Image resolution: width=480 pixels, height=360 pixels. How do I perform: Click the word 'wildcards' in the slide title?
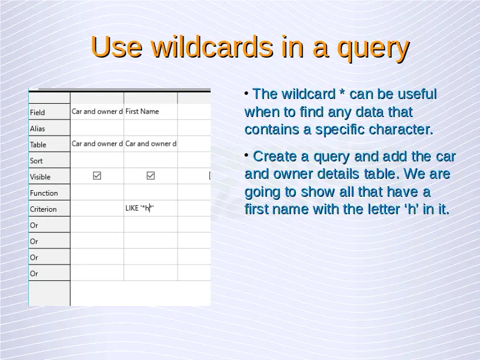[x=212, y=47]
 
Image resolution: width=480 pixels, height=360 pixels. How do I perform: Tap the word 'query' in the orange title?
[x=373, y=49]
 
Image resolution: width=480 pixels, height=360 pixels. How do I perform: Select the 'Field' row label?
[x=37, y=113]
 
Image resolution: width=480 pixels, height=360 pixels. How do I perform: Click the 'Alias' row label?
[x=37, y=129]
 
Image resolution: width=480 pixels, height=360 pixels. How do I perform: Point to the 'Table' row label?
[x=38, y=145]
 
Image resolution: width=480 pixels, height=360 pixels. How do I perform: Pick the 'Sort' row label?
[x=36, y=161]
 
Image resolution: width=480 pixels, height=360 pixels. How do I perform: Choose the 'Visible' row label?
[x=40, y=177]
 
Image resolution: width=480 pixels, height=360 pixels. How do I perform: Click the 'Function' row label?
[x=44, y=193]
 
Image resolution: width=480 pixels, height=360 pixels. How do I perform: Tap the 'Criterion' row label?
[x=43, y=209]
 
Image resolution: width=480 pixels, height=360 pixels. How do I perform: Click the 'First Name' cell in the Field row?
[x=142, y=112]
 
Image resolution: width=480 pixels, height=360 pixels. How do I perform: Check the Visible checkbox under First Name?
[x=151, y=175]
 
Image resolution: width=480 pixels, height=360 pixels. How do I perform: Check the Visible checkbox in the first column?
[x=97, y=175]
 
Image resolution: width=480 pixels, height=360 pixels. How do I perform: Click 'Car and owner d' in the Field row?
[x=97, y=112]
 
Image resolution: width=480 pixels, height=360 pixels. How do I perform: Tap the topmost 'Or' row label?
[x=34, y=226]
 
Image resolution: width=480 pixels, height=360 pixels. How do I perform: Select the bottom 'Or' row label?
[x=34, y=274]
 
